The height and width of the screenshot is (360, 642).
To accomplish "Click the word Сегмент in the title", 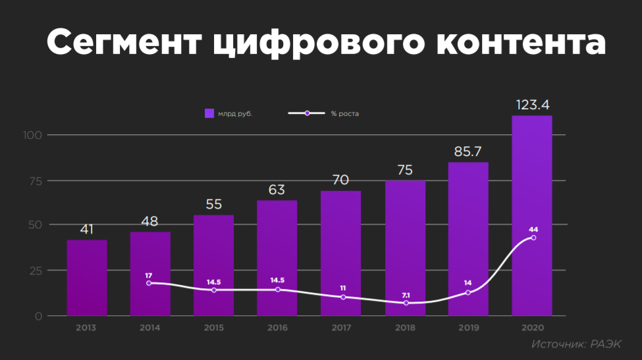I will [122, 43].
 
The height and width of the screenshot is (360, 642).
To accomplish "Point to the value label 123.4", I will [532, 105].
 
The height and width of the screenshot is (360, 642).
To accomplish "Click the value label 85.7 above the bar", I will [468, 151].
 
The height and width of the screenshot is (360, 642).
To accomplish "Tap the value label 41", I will [87, 230].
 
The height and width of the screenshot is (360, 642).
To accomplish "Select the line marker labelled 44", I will [533, 238].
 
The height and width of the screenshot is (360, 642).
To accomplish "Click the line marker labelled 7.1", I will [406, 303].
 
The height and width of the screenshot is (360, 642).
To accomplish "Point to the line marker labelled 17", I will [149, 283].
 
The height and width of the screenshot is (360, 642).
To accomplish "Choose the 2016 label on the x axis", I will [277, 326].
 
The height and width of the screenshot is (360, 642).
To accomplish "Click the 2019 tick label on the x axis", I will [468, 326].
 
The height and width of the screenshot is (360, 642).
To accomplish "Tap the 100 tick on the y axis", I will [34, 136].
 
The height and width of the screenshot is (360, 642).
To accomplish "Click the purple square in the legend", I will [209, 113].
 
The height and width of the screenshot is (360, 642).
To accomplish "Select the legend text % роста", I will [344, 113].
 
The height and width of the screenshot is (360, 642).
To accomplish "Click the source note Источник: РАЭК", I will [577, 344].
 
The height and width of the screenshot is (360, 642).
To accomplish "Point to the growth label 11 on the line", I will [342, 288].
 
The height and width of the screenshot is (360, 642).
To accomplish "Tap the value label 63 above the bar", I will [277, 190].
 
